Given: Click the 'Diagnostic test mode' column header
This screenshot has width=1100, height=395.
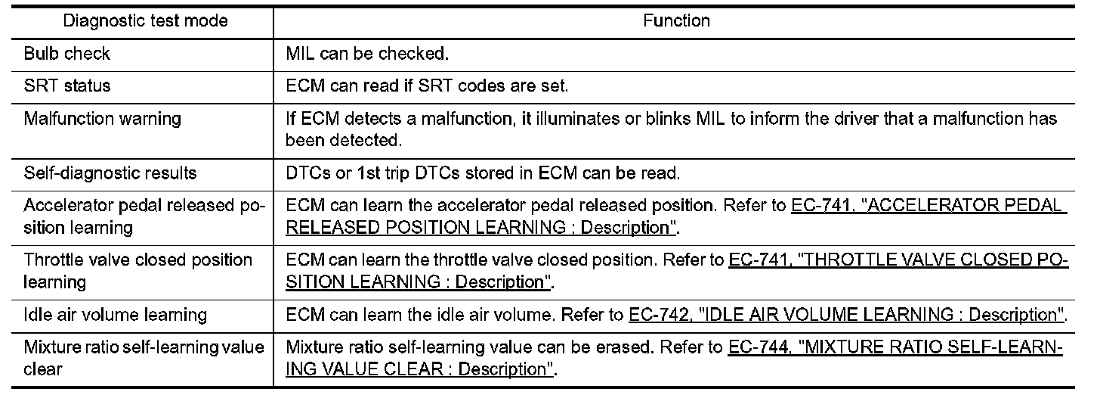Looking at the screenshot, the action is (145, 21).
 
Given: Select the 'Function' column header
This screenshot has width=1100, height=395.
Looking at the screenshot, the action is (676, 21).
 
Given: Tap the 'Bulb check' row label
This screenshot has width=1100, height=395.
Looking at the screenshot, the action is (66, 54).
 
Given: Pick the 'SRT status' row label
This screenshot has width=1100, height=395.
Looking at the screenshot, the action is (66, 86).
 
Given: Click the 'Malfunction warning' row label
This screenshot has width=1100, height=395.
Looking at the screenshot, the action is (102, 119).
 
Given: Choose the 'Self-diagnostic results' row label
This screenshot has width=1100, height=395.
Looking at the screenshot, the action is (110, 173).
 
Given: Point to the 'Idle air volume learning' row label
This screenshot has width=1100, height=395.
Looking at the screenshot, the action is (116, 314).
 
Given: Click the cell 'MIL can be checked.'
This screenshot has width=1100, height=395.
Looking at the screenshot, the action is (366, 54).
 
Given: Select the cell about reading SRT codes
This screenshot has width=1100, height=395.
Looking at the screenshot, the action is (427, 86).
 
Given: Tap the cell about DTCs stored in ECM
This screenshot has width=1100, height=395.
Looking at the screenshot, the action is (483, 173).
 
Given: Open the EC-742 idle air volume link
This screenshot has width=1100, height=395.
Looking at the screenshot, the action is (846, 314).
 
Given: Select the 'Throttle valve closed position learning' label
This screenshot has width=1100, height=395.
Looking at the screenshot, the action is (137, 270).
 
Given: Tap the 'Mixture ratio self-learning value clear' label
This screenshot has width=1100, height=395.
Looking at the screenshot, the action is (144, 358).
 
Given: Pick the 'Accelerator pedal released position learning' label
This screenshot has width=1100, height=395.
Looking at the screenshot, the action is (144, 216).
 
